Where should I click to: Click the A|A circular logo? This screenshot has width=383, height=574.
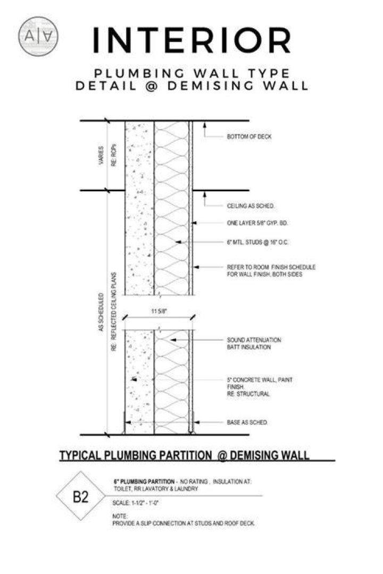point(38,36)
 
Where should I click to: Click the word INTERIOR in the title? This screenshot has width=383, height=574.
point(192,40)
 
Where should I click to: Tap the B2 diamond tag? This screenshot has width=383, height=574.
point(81,496)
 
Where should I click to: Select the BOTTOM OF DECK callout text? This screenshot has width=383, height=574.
point(249,137)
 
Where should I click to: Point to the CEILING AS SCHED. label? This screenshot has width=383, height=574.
point(251,206)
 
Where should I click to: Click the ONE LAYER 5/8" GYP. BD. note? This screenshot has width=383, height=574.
point(257,223)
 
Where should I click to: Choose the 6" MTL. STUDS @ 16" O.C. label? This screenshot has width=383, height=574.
point(257,242)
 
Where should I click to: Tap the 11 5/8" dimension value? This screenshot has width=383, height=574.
point(159,311)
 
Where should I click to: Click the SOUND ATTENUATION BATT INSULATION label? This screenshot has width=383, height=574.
point(254,343)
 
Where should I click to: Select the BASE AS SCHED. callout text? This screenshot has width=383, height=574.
point(247,423)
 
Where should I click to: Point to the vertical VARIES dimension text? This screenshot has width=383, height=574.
point(101,156)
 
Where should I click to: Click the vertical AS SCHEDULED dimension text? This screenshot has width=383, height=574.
point(101,313)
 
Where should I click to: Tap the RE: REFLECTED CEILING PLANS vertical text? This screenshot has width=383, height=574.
point(114,311)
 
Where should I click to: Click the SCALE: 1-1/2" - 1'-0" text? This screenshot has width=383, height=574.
point(135,503)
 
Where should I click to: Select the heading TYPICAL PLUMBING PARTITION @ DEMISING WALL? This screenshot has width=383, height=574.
point(185,455)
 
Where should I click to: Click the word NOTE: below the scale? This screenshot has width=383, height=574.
point(120,516)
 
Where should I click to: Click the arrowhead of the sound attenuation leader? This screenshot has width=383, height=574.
point(174,340)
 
